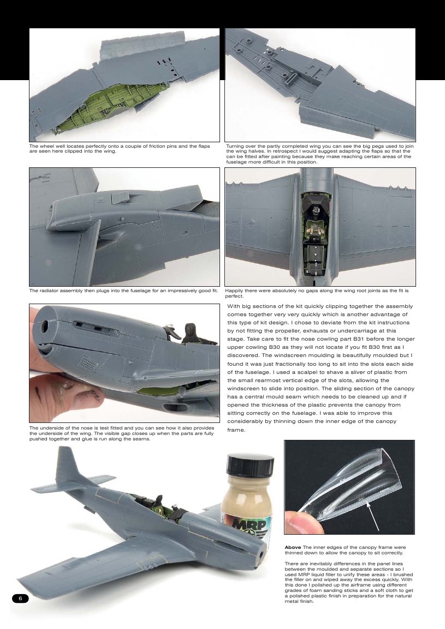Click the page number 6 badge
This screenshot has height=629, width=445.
coord(20,598)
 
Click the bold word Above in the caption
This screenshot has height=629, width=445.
coord(294,547)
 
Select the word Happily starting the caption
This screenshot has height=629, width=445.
coord(235,291)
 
